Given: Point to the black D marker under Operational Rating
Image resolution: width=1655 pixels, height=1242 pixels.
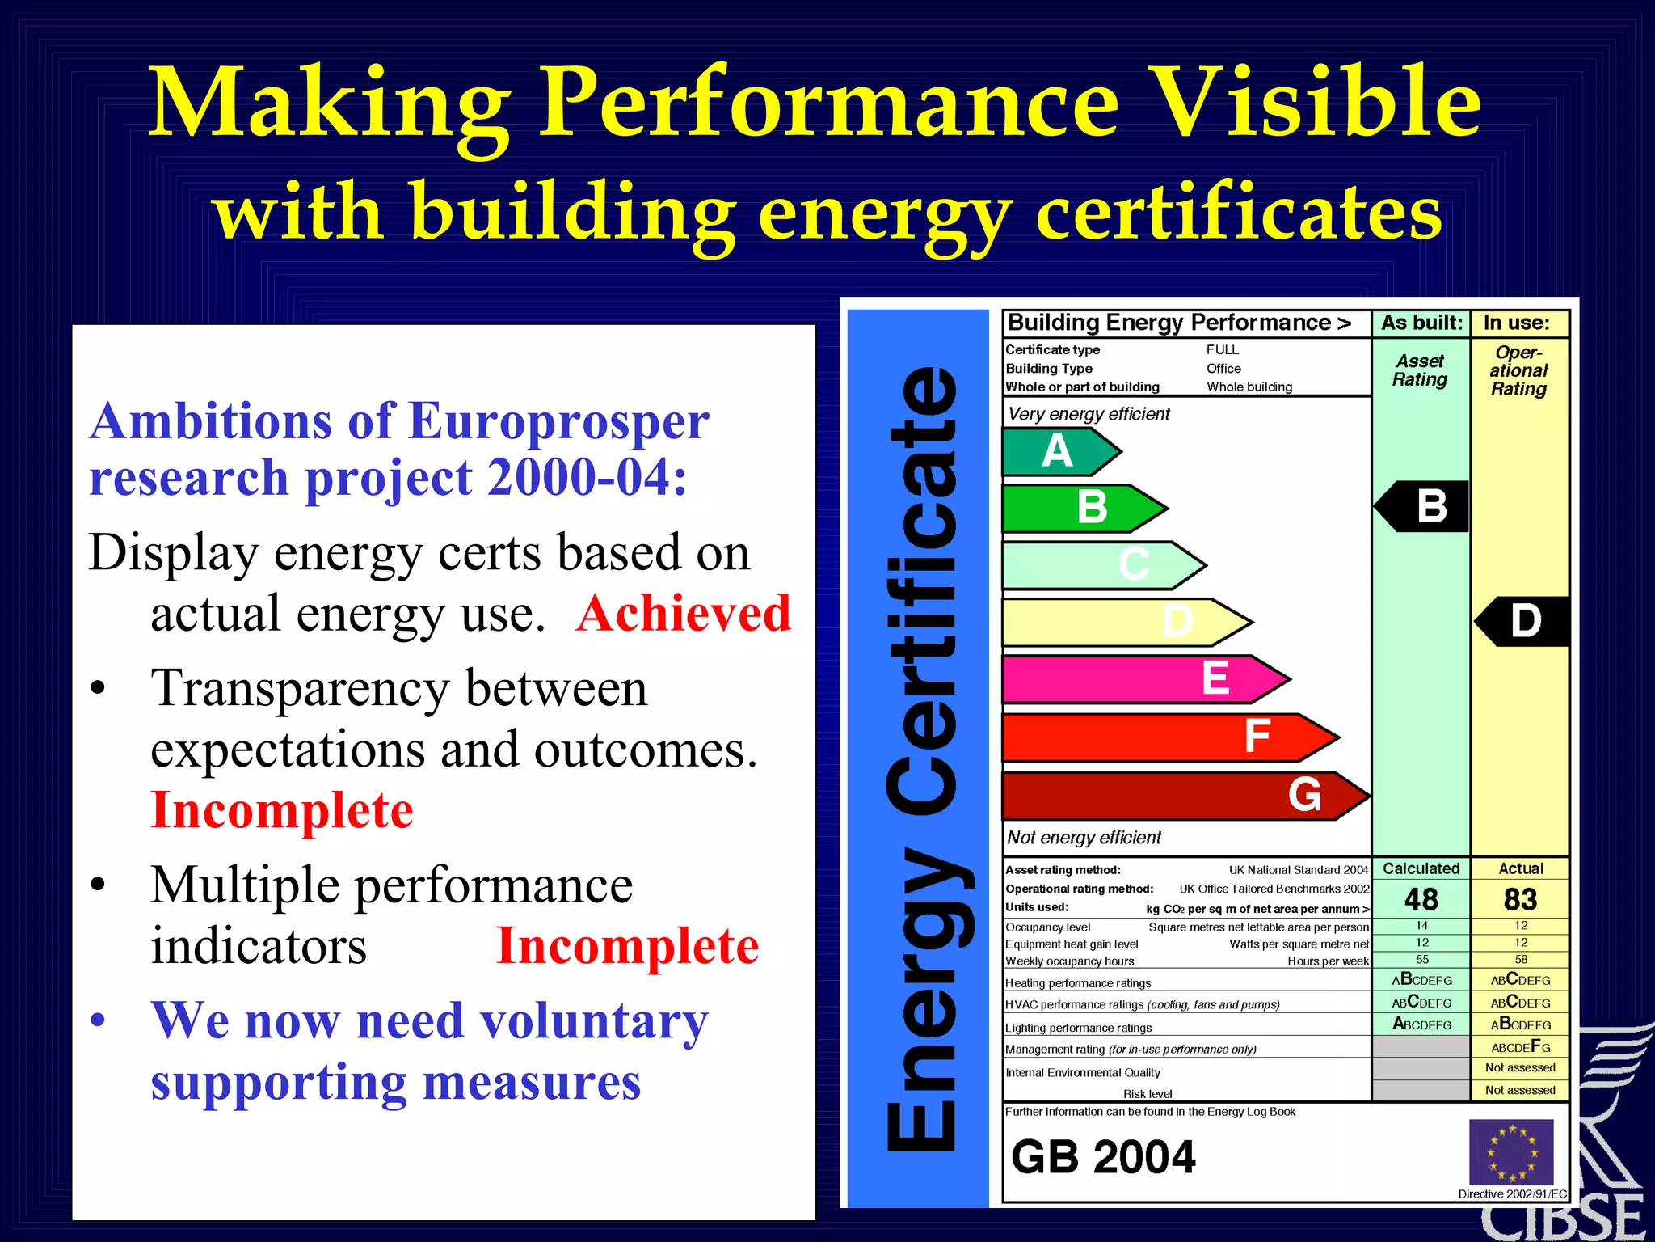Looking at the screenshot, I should pyautogui.click(x=1522, y=621).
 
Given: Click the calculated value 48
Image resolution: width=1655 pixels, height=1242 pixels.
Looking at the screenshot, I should pyautogui.click(x=1421, y=899).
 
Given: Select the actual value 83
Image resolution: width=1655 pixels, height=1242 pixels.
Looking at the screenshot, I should pyautogui.click(x=1520, y=899).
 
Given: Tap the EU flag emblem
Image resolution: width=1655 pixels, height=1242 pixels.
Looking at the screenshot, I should pyautogui.click(x=1510, y=1152).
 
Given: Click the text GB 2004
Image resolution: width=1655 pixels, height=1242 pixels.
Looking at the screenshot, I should pyautogui.click(x=1103, y=1156).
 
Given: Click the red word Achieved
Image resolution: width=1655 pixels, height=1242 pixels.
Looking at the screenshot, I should pyautogui.click(x=684, y=613).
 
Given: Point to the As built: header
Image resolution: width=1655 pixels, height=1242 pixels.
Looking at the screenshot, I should pyautogui.click(x=1421, y=323).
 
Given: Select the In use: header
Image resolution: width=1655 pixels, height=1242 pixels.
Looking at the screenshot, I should pyautogui.click(x=1517, y=323).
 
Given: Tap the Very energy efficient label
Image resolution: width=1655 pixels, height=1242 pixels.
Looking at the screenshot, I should pyautogui.click(x=1089, y=414).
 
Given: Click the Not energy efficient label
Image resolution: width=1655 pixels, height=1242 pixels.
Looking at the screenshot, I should pyautogui.click(x=1084, y=838).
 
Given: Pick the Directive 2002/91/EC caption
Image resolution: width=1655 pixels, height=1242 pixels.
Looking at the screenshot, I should pyautogui.click(x=1512, y=1193).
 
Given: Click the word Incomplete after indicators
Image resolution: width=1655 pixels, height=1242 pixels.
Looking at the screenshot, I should pyautogui.click(x=627, y=945).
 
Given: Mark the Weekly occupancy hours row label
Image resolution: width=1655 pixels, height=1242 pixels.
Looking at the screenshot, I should pyautogui.click(x=1069, y=961).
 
